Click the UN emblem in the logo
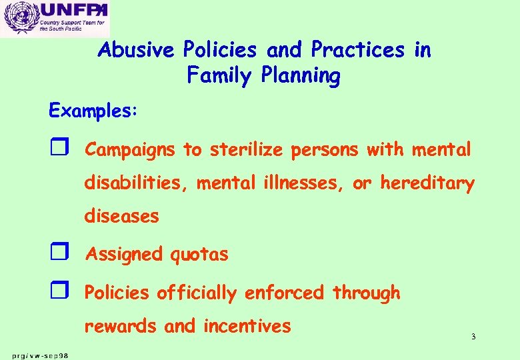coord(19,18)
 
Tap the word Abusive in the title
coord(137,50)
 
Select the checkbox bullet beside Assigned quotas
coord(57,254)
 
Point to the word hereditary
coord(427,183)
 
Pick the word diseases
coord(121,215)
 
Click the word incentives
coord(247,326)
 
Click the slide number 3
coord(473,337)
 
